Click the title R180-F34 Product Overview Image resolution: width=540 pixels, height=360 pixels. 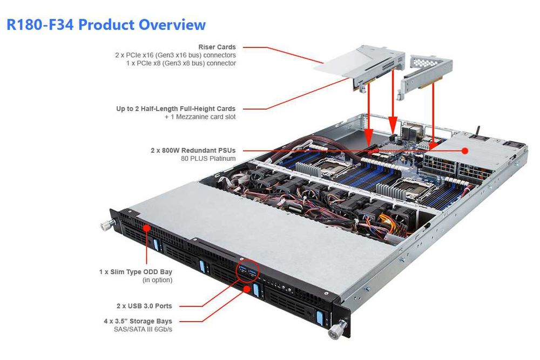106,25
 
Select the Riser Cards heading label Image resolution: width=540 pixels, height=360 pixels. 217,47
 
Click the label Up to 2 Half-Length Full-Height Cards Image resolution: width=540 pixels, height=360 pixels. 176,108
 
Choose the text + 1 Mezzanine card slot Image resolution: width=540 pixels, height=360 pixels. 200,117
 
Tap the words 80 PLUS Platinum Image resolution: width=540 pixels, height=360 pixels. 208,159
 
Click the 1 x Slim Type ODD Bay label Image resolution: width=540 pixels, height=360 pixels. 136,271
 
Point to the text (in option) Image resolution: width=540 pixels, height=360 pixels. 157,280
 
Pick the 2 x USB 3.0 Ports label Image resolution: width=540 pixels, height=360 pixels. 144,306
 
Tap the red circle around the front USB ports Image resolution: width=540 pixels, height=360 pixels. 248,271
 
